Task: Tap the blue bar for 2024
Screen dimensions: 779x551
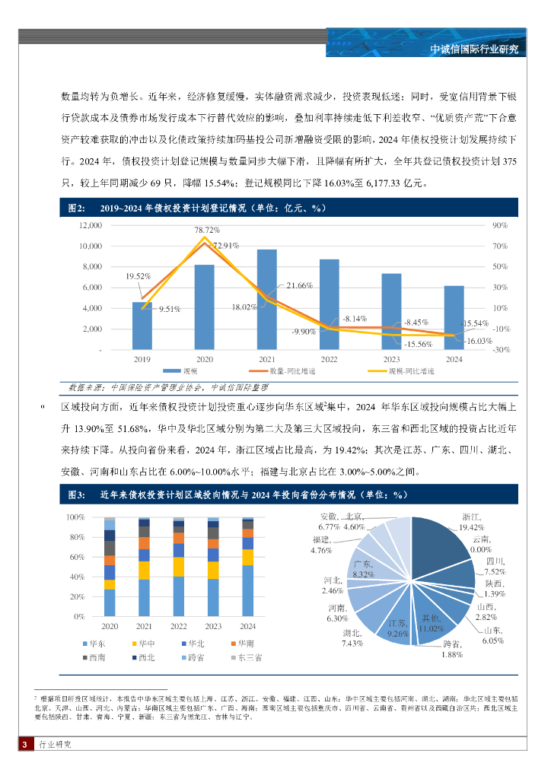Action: pos(454,317)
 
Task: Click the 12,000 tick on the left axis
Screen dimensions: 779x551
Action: pos(90,226)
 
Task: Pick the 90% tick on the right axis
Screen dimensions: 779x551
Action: pos(499,226)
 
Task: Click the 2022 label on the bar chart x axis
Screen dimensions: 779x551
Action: pos(329,358)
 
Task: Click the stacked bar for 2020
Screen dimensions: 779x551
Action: pos(110,568)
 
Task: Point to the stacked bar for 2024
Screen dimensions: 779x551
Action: pos(247,568)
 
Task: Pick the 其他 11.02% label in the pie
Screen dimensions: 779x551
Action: pos(432,624)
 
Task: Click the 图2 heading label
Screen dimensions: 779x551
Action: pos(75,208)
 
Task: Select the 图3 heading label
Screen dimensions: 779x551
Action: pos(75,495)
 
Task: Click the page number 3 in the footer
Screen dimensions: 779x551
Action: pos(25,744)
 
